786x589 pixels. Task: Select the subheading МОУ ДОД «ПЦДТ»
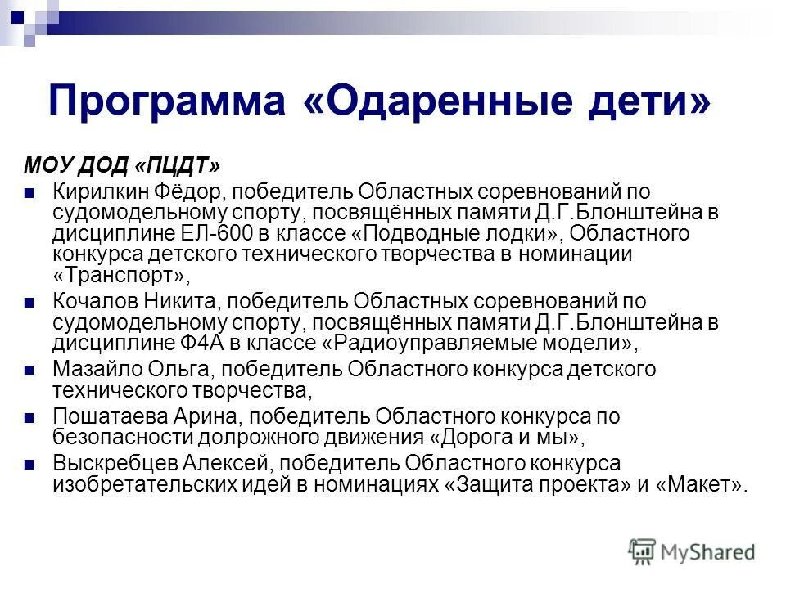pos(121,166)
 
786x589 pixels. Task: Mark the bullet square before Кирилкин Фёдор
pos(29,194)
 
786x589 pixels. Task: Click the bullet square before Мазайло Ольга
pos(29,371)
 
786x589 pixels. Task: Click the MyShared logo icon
pos(642,552)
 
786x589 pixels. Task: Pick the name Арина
pos(199,417)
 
